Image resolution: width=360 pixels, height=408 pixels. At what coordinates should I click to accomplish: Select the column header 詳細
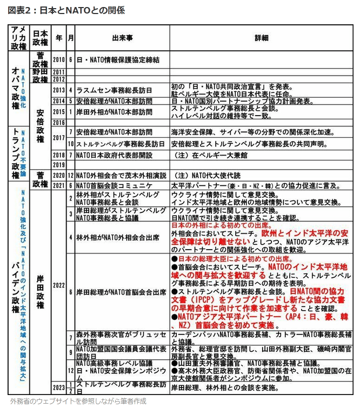tap(261, 38)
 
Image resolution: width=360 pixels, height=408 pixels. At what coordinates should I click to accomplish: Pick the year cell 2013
tap(58, 90)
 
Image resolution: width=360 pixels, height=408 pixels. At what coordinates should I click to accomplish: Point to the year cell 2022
tap(58, 285)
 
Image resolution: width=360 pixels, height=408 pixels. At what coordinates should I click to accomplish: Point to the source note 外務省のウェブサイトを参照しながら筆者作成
tap(77, 401)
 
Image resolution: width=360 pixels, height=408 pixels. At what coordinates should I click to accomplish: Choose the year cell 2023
tap(58, 387)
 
